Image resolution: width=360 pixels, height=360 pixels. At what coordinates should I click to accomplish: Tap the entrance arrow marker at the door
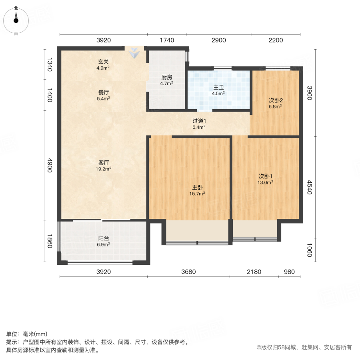point(135,52)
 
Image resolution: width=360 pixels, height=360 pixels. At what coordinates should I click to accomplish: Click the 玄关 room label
point(103,62)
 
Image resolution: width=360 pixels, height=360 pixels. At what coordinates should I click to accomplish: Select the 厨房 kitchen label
point(166,78)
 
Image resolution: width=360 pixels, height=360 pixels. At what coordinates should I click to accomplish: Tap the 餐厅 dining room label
point(103,92)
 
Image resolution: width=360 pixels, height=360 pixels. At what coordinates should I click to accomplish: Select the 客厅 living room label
point(103,163)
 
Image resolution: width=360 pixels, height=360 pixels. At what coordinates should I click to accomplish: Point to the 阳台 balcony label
point(103,238)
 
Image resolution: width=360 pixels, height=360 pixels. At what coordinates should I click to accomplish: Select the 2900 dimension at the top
point(218,40)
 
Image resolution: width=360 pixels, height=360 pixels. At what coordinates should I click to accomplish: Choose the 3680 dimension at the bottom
point(188,272)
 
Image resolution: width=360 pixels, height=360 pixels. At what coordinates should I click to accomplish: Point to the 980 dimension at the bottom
point(289,272)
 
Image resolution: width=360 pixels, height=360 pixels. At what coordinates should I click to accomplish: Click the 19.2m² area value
point(103,169)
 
